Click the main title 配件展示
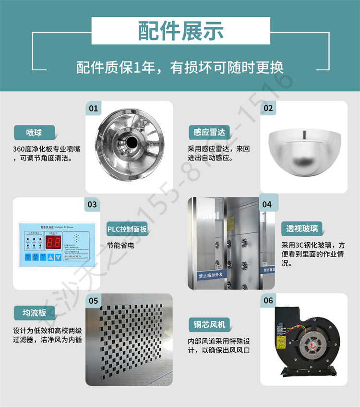click(x=180, y=31)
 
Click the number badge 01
click(x=93, y=108)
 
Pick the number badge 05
click(x=93, y=301)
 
